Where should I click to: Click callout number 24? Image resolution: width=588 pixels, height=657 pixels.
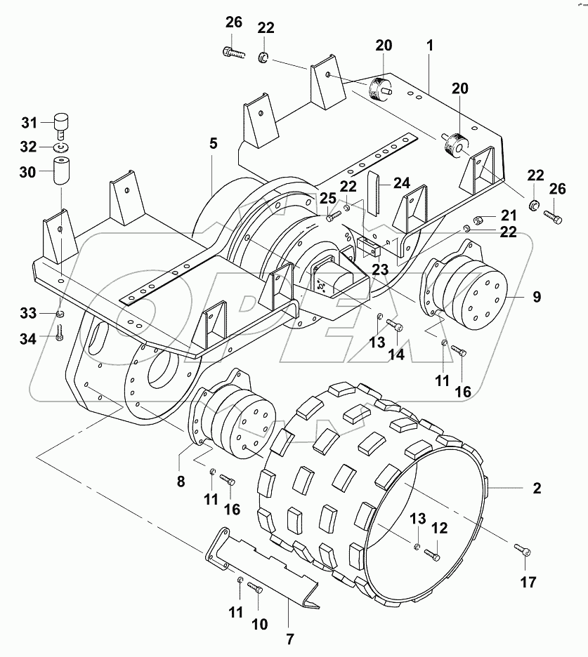tap(401, 183)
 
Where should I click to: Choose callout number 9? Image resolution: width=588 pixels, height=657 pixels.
tap(536, 297)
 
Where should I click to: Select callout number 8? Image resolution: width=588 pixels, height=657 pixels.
tap(181, 482)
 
